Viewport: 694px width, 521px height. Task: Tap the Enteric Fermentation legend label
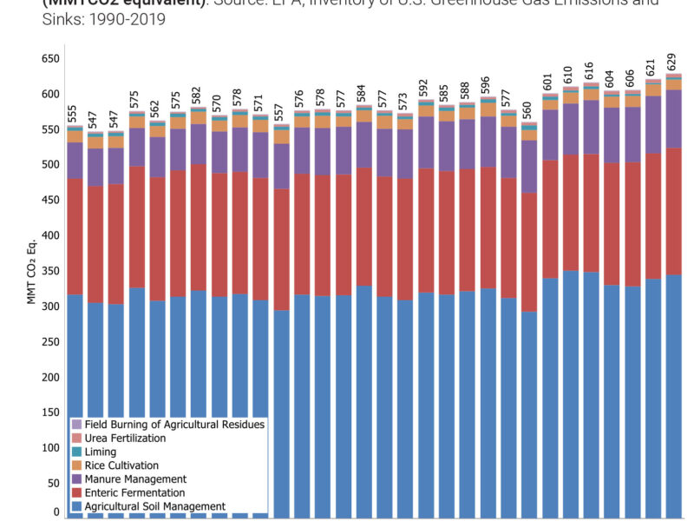coord(141,493)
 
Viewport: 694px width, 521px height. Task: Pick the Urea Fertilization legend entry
coord(126,439)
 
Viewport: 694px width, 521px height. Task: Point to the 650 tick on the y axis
coord(49,59)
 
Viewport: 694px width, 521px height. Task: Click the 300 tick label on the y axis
coord(49,307)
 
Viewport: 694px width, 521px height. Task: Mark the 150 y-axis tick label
coord(49,412)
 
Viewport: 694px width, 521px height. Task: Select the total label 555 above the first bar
coord(74,115)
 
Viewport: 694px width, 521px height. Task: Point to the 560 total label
coord(528,111)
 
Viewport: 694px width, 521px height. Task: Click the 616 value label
coord(591,71)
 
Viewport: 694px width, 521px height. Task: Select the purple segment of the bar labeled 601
coord(549,135)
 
